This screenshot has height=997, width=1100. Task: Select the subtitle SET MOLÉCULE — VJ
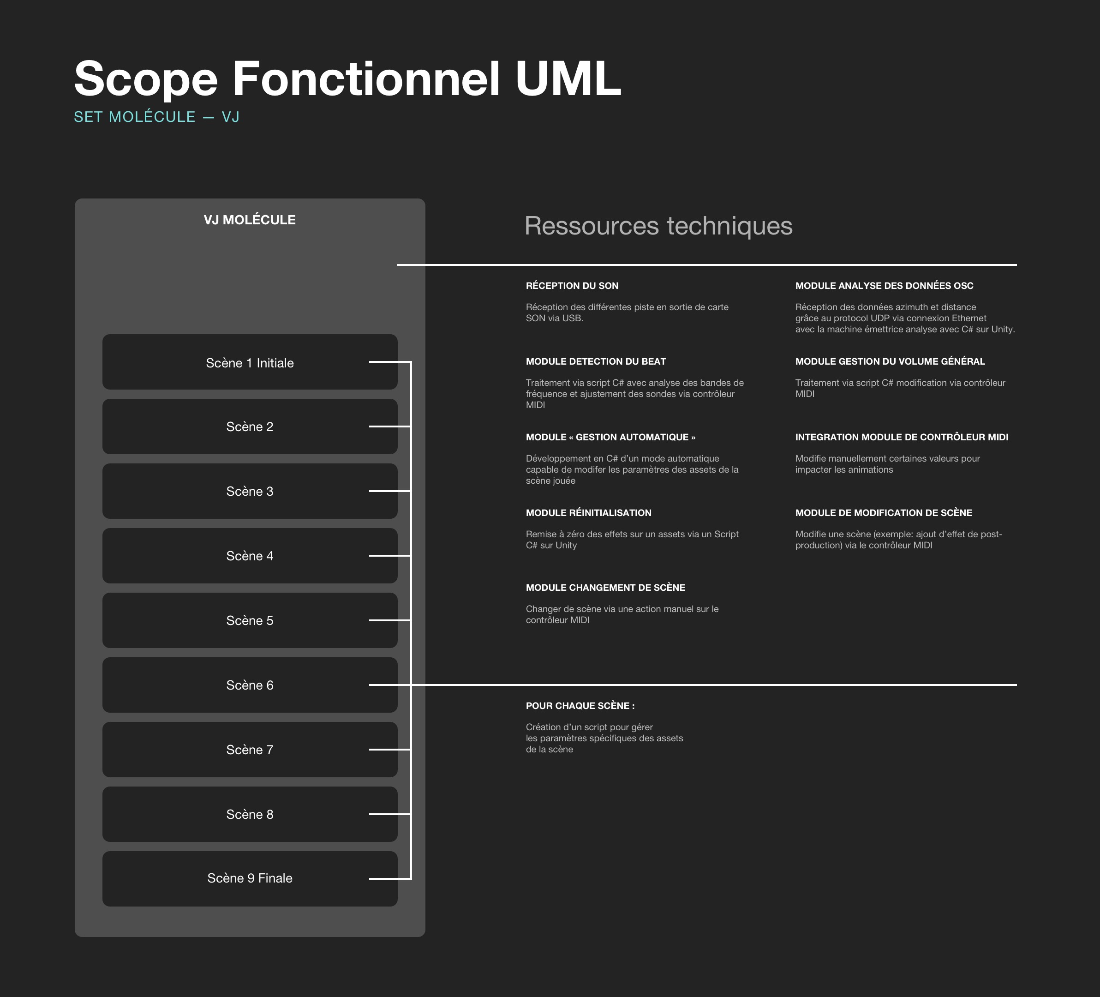pyautogui.click(x=156, y=117)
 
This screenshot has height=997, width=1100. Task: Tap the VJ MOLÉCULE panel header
pyautogui.click(x=249, y=220)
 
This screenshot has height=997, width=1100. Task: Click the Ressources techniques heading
pyautogui.click(x=658, y=226)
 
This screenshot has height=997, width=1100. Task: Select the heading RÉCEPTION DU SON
pyautogui.click(x=572, y=285)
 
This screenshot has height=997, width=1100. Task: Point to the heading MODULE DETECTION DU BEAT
pyautogui.click(x=596, y=361)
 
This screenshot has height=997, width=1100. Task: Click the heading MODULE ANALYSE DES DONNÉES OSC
pyautogui.click(x=884, y=285)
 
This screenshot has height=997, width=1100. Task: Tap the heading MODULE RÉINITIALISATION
pyautogui.click(x=589, y=513)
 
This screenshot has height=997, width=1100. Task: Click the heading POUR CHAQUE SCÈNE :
pyautogui.click(x=580, y=706)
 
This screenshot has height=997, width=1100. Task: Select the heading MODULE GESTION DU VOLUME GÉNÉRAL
pyautogui.click(x=890, y=361)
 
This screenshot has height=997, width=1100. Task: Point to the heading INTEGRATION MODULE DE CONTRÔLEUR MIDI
pyautogui.click(x=902, y=437)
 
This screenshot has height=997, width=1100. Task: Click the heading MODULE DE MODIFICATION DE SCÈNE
pyautogui.click(x=884, y=513)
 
